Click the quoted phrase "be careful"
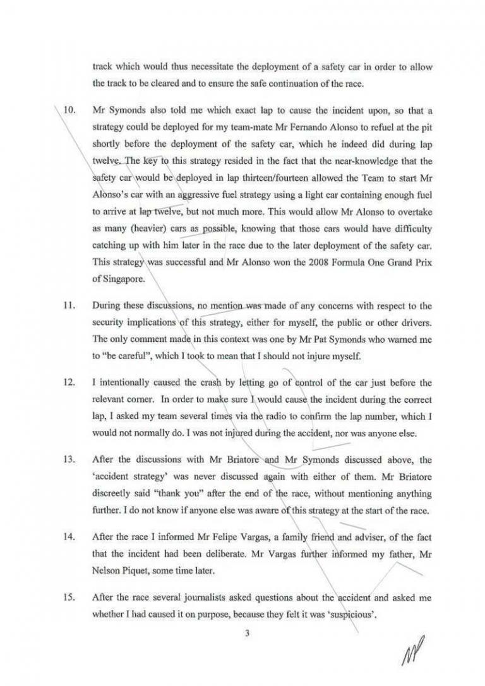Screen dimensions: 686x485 tap(123, 357)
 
